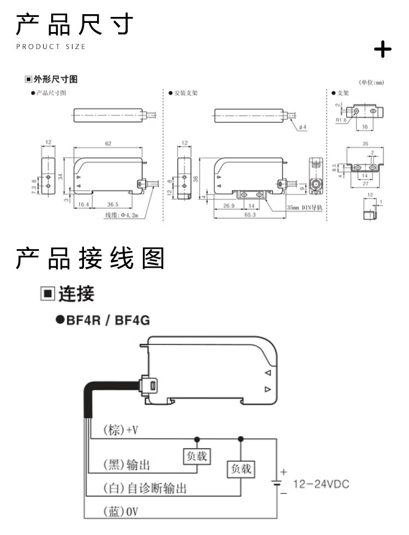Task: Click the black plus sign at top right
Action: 383,50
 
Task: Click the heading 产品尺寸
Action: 75,25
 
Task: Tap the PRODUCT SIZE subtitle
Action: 51,47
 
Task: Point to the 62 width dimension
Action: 108,143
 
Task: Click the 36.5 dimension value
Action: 112,204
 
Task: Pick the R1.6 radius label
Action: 342,120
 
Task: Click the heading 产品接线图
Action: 90,259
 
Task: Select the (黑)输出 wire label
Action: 127,465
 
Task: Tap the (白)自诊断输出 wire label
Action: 145,488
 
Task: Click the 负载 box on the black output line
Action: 197,456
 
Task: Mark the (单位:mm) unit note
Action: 371,82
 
